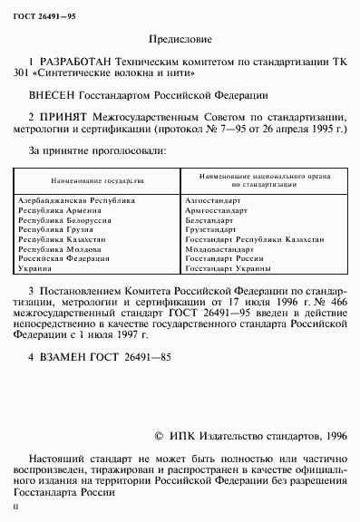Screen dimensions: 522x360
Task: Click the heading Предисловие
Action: [179, 40]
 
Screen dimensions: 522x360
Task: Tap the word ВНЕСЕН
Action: [54, 94]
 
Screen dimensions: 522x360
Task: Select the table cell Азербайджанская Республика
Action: [75, 198]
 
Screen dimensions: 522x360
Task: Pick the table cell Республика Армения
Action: [63, 208]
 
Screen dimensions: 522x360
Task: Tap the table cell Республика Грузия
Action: [58, 228]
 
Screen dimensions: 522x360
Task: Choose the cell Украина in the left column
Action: [34, 269]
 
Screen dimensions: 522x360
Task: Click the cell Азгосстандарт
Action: [212, 198]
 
